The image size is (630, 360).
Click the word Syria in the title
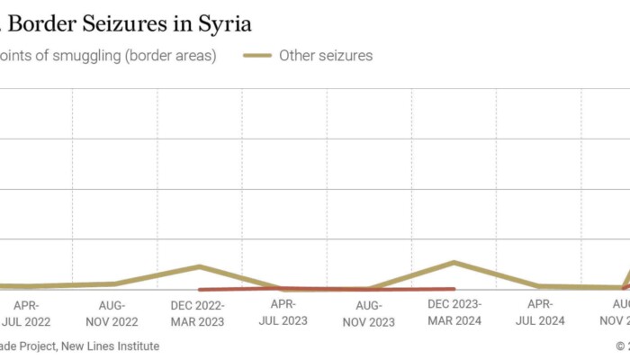coord(220,22)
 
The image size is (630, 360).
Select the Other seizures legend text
coord(326,56)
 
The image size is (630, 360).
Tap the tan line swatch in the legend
coord(257,56)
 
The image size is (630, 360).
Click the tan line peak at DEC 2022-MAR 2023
coord(199,266)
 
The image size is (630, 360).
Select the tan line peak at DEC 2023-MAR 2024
coord(454,262)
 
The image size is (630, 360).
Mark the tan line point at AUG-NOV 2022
coord(113,283)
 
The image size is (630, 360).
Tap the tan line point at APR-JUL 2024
coord(540,286)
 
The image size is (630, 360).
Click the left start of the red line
coord(199,290)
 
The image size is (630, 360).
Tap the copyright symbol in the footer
coord(621,346)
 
